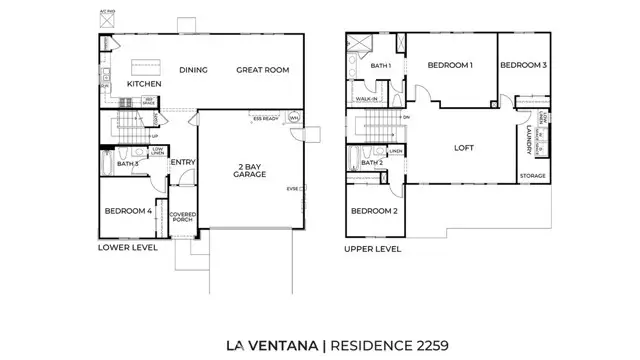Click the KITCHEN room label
click(143, 84)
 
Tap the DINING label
click(193, 70)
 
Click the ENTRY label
click(183, 162)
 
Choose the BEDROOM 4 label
click(128, 211)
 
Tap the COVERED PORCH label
click(182, 218)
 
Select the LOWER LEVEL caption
click(128, 247)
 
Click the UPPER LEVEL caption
click(373, 248)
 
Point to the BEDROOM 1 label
click(450, 65)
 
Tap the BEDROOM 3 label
click(522, 65)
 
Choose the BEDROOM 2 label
click(374, 211)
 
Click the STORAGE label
click(532, 176)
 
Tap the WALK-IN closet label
click(366, 99)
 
